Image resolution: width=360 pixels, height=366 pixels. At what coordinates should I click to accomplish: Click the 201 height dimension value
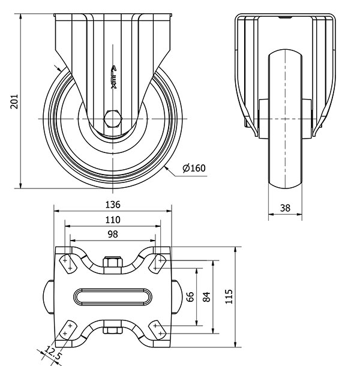tap(14, 101)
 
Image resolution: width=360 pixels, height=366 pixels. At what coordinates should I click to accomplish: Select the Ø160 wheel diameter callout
tap(194, 168)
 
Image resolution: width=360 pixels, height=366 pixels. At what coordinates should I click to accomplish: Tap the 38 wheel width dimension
tap(285, 208)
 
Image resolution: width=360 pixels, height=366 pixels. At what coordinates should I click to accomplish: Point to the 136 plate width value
tap(113, 205)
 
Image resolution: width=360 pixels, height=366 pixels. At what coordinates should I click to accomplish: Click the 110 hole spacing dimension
tap(113, 220)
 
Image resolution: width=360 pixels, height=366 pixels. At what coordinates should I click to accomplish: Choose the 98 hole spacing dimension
tap(113, 235)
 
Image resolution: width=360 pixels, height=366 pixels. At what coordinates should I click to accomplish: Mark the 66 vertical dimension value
tap(191, 296)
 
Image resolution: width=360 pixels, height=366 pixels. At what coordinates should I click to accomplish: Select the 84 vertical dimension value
tap(206, 296)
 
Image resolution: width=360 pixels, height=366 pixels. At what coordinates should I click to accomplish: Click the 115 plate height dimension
tap(229, 296)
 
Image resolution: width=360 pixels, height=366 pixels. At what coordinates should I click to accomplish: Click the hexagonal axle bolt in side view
tap(113, 119)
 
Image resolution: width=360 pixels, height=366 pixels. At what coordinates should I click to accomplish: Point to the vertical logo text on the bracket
tap(113, 77)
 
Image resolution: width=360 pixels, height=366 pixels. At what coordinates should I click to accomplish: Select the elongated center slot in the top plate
tap(113, 297)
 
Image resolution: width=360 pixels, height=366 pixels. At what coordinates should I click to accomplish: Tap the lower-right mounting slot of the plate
tap(158, 329)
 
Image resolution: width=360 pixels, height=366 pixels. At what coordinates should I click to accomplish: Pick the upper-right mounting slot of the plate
tap(158, 264)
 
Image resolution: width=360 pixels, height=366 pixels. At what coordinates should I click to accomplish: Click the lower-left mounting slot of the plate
tap(68, 329)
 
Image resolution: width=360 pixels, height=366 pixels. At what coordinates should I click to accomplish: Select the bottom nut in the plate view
tap(113, 330)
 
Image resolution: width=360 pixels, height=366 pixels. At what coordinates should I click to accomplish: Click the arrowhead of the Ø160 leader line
tap(166, 168)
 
